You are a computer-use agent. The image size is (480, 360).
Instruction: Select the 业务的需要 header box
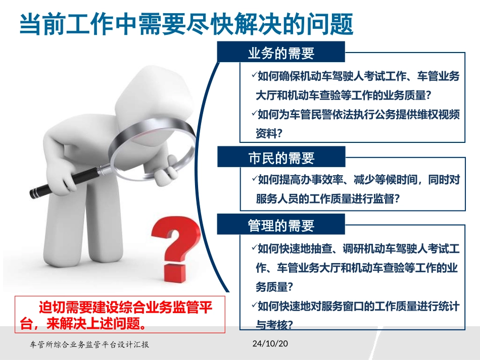point(281,53)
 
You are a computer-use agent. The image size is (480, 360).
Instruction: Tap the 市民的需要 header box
point(281,158)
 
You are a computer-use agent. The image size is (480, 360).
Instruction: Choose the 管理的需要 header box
point(281,225)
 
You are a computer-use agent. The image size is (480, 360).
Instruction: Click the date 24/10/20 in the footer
point(269,344)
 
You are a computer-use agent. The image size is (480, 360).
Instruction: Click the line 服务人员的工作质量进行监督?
point(328,199)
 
